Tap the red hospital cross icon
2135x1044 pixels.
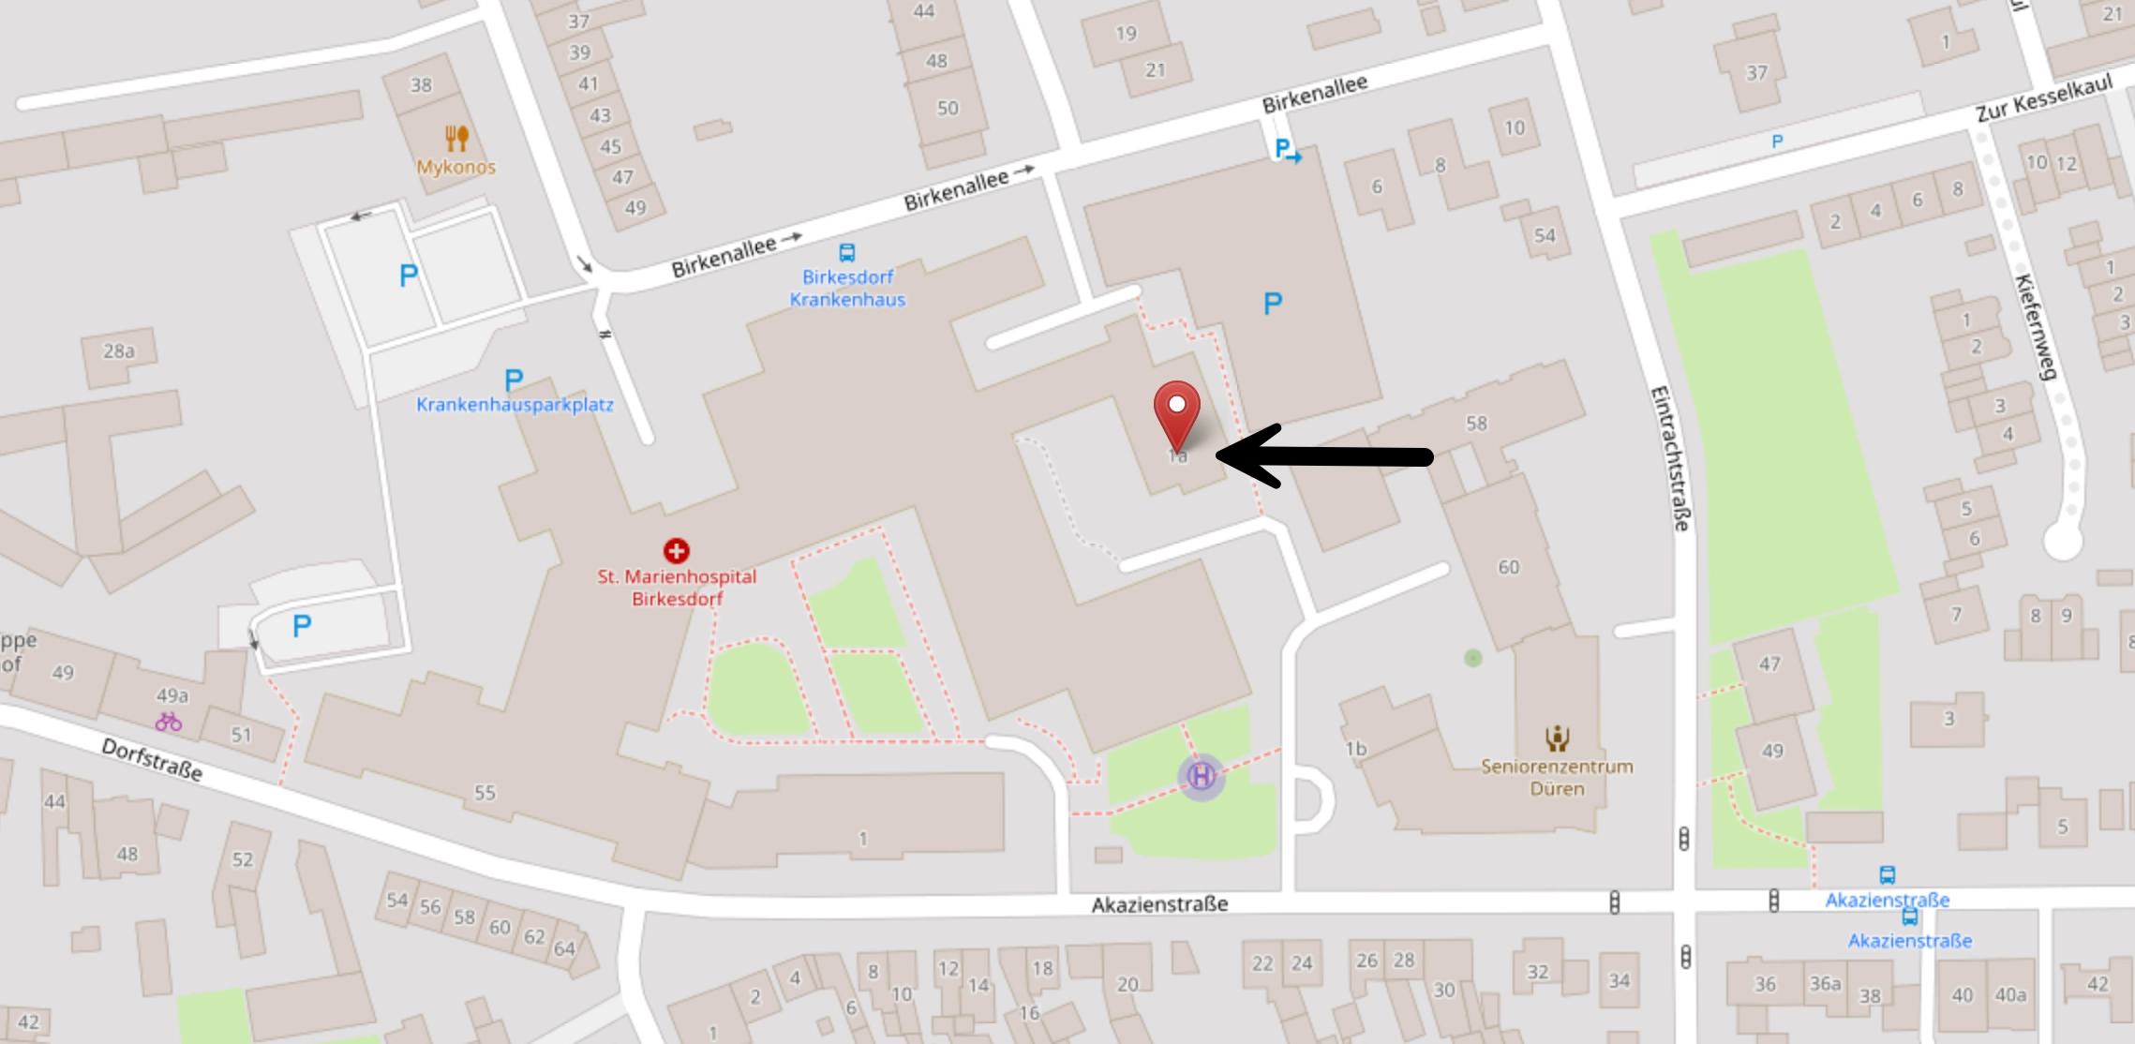(x=676, y=550)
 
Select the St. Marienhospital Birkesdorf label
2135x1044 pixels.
(x=677, y=588)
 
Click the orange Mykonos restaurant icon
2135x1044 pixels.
(x=456, y=139)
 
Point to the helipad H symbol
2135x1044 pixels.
(x=1201, y=776)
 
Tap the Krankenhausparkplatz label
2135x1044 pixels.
(x=515, y=405)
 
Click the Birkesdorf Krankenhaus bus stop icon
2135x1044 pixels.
(x=847, y=252)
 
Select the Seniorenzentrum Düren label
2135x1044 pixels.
(x=1557, y=778)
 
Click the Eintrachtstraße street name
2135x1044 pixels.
(x=1669, y=458)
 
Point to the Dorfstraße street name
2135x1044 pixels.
(x=152, y=759)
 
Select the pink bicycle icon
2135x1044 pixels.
(x=169, y=722)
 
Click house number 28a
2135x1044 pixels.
(x=119, y=351)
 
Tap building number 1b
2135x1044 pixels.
(x=1355, y=749)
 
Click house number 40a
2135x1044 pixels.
(x=2010, y=994)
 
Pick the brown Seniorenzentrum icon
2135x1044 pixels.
(x=1557, y=738)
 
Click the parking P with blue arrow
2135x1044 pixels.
(x=1287, y=150)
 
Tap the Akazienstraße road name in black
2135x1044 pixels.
(x=1159, y=904)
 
